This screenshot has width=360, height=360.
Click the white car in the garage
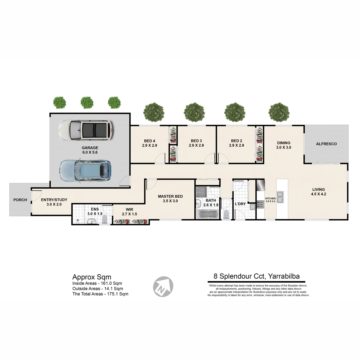[86, 130]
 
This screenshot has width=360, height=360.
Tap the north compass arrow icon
[163, 287]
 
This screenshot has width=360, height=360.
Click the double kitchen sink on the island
[280, 197]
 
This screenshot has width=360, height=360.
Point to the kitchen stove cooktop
[260, 204]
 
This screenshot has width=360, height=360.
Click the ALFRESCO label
[326, 144]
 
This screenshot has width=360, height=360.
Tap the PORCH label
[20, 200]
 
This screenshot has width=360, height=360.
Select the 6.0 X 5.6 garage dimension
[90, 152]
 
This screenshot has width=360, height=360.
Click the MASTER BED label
[170, 196]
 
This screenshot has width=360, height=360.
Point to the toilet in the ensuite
[105, 219]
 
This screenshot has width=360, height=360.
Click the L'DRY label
[240, 204]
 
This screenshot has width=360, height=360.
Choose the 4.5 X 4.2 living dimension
[318, 194]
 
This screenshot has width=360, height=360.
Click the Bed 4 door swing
[160, 158]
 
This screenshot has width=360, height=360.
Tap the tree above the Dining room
[279, 112]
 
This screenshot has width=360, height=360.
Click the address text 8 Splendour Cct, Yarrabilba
[256, 276]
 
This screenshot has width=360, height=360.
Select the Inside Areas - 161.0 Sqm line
[97, 283]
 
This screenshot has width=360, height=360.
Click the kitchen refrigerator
[261, 185]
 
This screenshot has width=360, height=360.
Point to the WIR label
[129, 209]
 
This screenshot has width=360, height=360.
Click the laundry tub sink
[252, 207]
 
